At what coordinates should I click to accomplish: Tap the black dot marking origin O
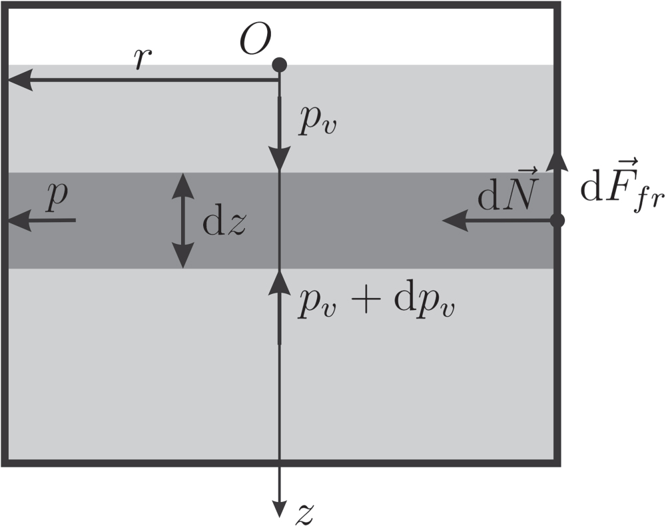279,65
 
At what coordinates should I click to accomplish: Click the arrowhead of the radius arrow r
19,81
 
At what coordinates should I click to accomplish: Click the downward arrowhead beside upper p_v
279,159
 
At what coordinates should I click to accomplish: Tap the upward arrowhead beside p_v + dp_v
279,281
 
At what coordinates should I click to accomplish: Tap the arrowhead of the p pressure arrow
19,220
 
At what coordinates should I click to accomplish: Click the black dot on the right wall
558,220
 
